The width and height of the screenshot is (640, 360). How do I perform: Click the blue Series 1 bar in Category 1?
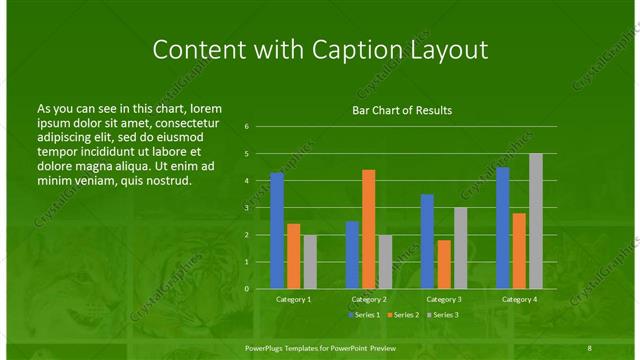(x=277, y=231)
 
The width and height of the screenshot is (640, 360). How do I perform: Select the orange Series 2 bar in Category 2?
(x=368, y=229)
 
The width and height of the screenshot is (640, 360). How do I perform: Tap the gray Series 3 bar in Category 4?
(x=536, y=221)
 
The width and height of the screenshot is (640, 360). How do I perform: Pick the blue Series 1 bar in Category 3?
(x=427, y=241)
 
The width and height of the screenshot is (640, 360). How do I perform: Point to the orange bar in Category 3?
(x=444, y=264)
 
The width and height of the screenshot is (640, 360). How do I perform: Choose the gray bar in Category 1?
(x=310, y=262)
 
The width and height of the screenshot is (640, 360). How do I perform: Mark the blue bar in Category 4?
(x=503, y=228)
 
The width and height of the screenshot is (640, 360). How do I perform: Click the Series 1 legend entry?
(x=365, y=315)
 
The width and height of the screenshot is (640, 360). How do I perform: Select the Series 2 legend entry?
(x=402, y=315)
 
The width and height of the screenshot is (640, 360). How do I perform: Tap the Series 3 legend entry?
(x=440, y=315)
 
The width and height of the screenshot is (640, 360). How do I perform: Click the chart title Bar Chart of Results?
(x=402, y=110)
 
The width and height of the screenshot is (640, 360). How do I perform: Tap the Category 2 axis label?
(x=368, y=299)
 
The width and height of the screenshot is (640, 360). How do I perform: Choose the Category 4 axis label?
(x=519, y=299)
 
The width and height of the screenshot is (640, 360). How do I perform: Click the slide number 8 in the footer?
(x=589, y=347)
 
